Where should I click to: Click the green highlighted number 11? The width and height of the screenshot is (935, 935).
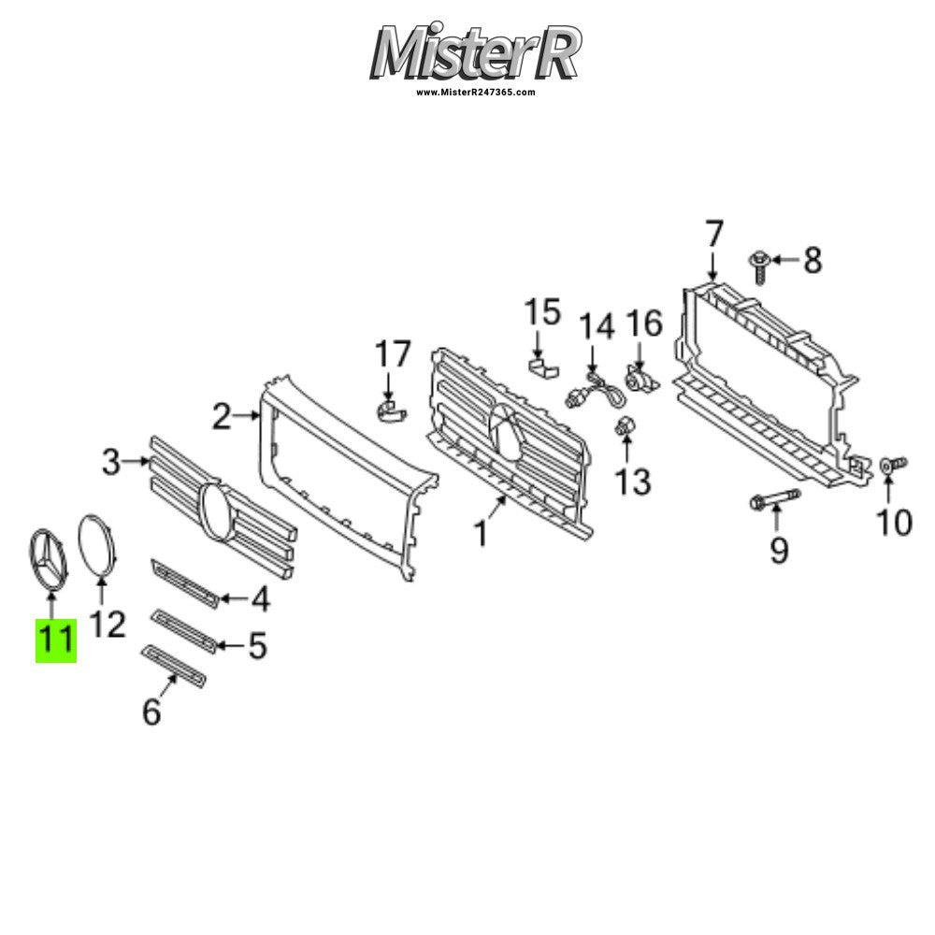[x=56, y=640]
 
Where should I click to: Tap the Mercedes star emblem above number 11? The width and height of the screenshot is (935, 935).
[x=49, y=560]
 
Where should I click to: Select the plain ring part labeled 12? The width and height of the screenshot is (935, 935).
[x=98, y=546]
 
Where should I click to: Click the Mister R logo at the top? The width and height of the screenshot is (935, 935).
[x=475, y=51]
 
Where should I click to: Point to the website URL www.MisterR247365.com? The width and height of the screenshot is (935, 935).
[x=475, y=93]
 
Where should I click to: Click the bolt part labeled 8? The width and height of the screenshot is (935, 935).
[x=759, y=267]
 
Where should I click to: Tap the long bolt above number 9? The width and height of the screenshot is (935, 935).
[x=775, y=499]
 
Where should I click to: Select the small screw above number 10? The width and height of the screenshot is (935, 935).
[x=894, y=464]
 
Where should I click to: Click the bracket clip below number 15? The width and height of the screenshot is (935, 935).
[x=543, y=367]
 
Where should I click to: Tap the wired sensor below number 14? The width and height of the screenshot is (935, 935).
[x=594, y=391]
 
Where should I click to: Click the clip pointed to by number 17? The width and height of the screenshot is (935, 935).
[x=389, y=410]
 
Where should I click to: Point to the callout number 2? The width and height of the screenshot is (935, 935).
[x=222, y=417]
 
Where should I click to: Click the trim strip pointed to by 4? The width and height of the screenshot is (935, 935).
[x=185, y=585]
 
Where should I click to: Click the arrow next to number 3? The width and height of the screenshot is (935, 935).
[x=137, y=461]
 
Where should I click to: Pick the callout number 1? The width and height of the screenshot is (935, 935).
[x=481, y=534]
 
